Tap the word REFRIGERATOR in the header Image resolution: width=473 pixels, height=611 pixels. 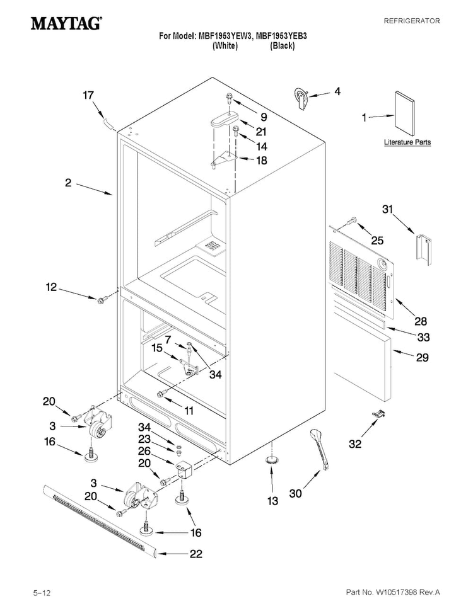[x=412, y=21]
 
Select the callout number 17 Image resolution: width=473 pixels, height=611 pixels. [x=88, y=95]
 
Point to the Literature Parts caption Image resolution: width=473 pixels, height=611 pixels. [x=407, y=142]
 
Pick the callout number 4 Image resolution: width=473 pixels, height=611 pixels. [x=337, y=91]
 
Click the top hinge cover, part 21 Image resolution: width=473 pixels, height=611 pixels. [x=225, y=118]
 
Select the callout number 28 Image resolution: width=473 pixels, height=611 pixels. [x=421, y=321]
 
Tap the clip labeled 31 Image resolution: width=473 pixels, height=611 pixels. [x=423, y=247]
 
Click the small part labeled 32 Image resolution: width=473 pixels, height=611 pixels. [x=377, y=414]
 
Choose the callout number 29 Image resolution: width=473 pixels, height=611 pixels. [x=423, y=357]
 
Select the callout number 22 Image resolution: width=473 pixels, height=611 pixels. [x=196, y=553]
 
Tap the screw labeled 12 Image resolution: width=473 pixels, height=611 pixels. [x=102, y=299]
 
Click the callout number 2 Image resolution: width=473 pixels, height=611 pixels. [x=68, y=183]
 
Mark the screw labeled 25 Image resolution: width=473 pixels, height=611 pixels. [x=352, y=220]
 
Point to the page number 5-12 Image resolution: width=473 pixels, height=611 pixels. [x=42, y=593]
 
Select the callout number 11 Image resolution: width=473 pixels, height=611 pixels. [x=189, y=410]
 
